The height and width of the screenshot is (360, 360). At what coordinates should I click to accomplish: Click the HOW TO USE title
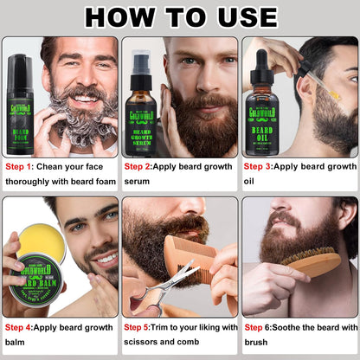[180, 16]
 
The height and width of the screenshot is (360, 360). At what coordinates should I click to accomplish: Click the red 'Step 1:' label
[19, 166]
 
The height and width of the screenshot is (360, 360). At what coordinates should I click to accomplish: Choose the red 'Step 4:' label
[19, 328]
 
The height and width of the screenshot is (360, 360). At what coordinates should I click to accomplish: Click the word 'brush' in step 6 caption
[259, 344]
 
